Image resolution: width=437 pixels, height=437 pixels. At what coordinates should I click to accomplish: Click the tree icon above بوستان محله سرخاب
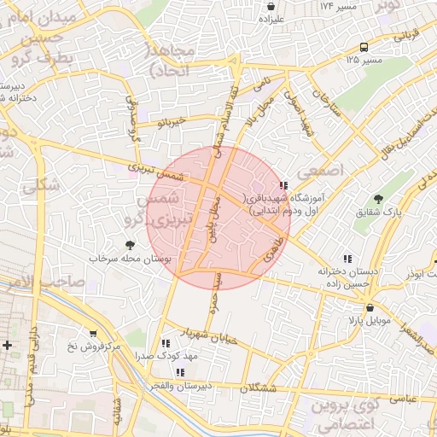[x=130, y=245]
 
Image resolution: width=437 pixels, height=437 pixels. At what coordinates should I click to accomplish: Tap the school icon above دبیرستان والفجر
[x=180, y=372]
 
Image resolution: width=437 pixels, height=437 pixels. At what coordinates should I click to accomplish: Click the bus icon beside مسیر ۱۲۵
[x=364, y=48]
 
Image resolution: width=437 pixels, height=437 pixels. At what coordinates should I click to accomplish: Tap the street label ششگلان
[x=259, y=388]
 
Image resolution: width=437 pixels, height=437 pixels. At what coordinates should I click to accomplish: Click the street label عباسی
[x=402, y=399]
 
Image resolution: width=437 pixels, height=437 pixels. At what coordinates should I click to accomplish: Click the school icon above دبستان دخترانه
[x=347, y=259]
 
